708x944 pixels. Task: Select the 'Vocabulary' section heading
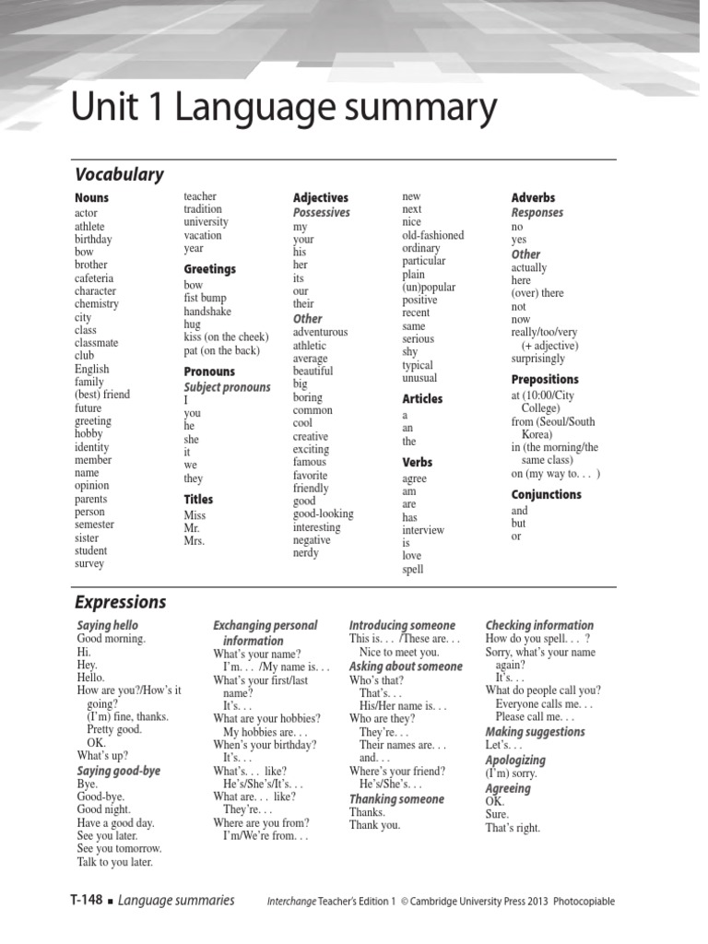[x=119, y=174]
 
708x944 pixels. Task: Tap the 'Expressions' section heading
[x=121, y=602]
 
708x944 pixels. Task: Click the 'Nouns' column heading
[x=91, y=198]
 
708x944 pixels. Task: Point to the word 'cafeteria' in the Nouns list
[x=94, y=277]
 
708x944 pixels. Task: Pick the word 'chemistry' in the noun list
[x=97, y=303]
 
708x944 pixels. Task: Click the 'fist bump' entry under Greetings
[x=205, y=299]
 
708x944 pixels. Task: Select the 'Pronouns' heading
[x=209, y=372]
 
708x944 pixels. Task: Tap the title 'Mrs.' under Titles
[x=194, y=541]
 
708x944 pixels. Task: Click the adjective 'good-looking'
[x=323, y=514]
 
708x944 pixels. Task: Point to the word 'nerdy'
[x=306, y=553]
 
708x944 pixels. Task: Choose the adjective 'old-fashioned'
[x=433, y=235]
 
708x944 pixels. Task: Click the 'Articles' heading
[x=422, y=399]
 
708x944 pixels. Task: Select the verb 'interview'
[x=423, y=530]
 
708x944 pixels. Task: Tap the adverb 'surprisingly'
[x=538, y=359]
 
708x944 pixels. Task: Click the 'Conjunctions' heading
[x=547, y=495]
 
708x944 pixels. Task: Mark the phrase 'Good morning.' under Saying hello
[x=112, y=638]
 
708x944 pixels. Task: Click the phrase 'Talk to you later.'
[x=115, y=862]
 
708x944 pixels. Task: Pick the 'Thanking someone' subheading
[x=396, y=799]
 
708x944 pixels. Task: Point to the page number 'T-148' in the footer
[x=86, y=901]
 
